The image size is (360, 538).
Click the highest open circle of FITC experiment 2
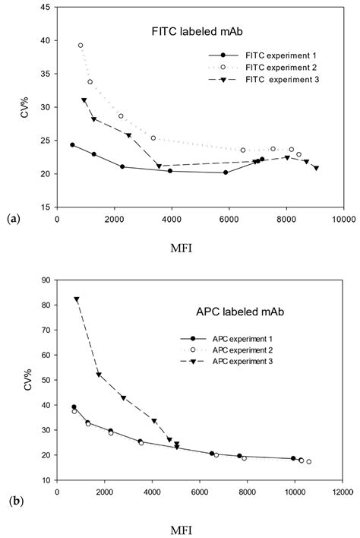pos(81,46)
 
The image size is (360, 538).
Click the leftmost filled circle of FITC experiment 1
pos(72,144)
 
